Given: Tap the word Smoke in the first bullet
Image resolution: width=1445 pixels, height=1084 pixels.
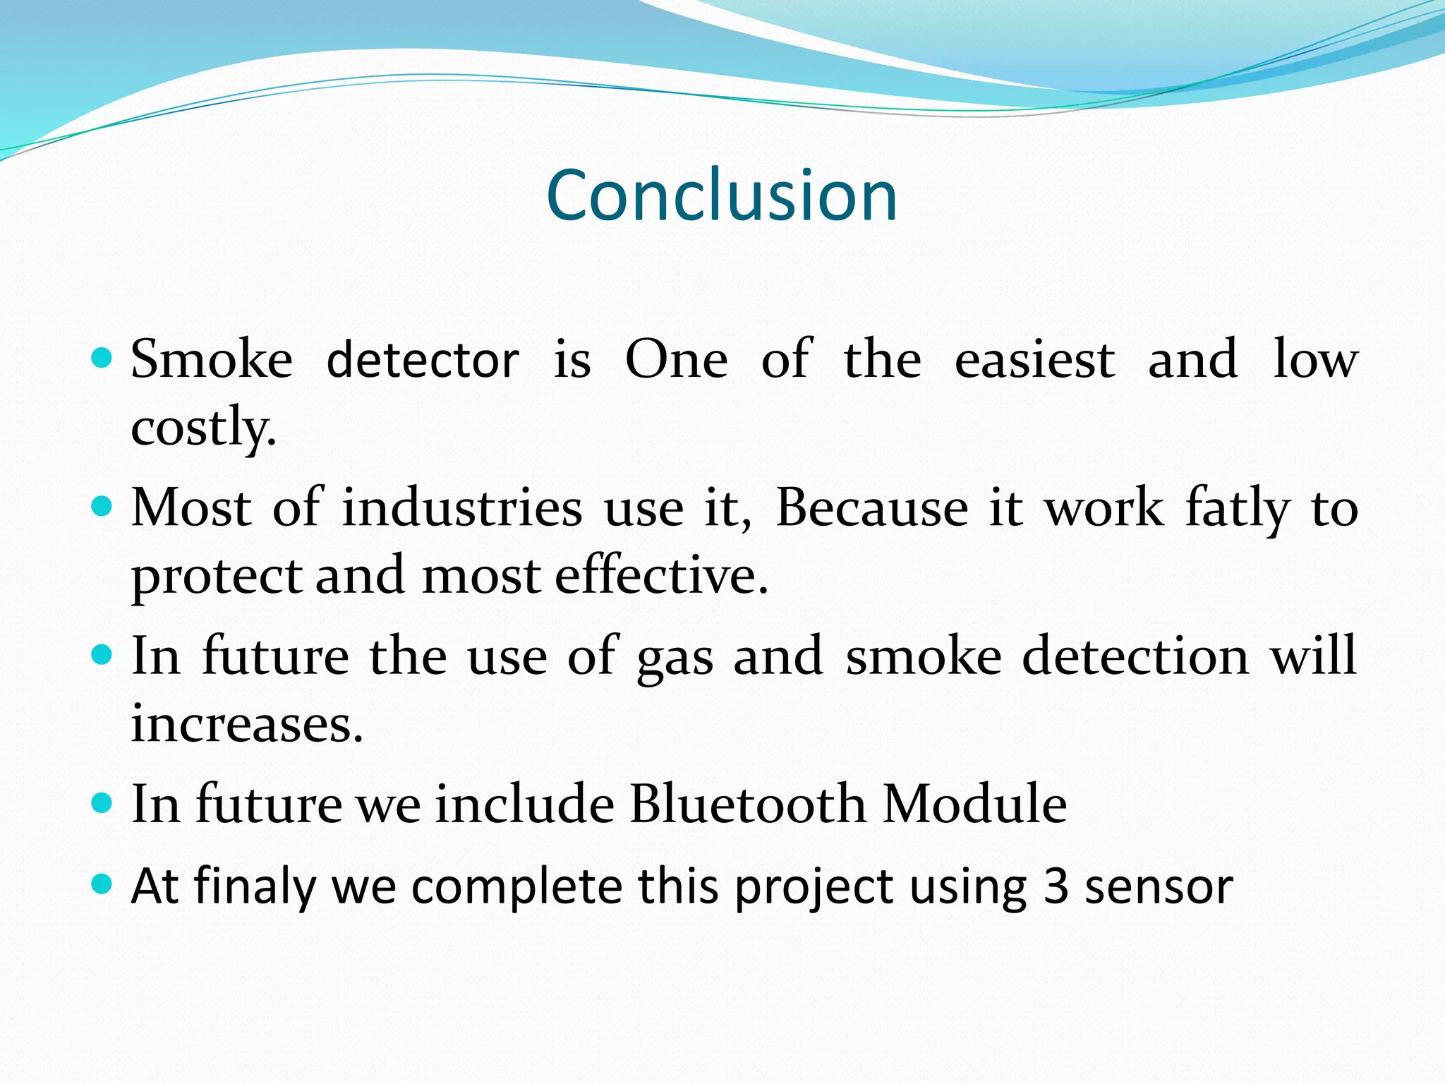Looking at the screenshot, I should click(212, 360).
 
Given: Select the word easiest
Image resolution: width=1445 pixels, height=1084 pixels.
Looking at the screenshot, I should click(1034, 360).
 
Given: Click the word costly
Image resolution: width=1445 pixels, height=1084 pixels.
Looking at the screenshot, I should click(203, 428).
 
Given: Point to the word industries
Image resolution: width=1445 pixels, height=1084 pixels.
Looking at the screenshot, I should click(462, 508).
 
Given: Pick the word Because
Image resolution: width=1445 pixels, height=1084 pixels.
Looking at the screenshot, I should click(872, 508).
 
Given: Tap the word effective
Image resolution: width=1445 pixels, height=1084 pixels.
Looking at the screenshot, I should click(661, 576).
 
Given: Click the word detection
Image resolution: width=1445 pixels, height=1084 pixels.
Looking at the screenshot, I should click(1136, 656).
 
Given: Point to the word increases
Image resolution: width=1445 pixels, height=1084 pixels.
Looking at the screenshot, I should click(247, 724).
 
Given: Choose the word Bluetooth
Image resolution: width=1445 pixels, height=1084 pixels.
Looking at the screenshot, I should click(748, 805).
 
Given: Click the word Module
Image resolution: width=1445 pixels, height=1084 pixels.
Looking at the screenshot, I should click(975, 805).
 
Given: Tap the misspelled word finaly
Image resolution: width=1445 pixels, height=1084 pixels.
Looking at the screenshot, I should click(255, 886).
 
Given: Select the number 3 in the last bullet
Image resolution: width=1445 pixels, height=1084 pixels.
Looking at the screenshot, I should click(1056, 886).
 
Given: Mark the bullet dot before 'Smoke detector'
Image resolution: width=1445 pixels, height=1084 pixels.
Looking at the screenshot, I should click(102, 359).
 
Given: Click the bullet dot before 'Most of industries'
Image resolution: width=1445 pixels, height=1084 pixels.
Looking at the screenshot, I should click(102, 507).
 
